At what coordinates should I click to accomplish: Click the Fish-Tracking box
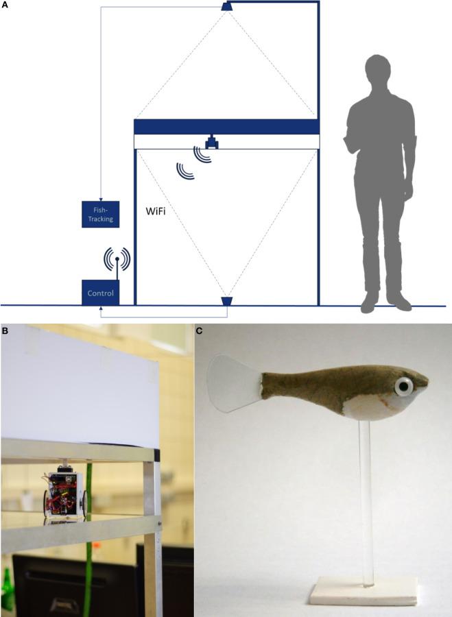(x=100, y=215)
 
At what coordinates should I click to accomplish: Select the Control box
(x=100, y=293)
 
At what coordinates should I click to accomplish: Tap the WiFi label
(x=156, y=211)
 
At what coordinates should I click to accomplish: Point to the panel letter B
(x=4, y=330)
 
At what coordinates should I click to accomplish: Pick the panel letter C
(x=199, y=330)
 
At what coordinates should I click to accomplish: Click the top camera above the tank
(x=227, y=6)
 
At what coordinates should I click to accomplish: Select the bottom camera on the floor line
(x=227, y=301)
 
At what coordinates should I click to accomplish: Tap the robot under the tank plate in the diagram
(x=213, y=142)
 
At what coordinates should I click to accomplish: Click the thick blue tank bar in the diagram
(x=227, y=127)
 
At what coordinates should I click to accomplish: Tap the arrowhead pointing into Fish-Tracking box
(x=101, y=199)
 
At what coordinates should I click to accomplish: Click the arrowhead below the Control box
(x=101, y=308)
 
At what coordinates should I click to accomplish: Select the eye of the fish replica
(x=403, y=386)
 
